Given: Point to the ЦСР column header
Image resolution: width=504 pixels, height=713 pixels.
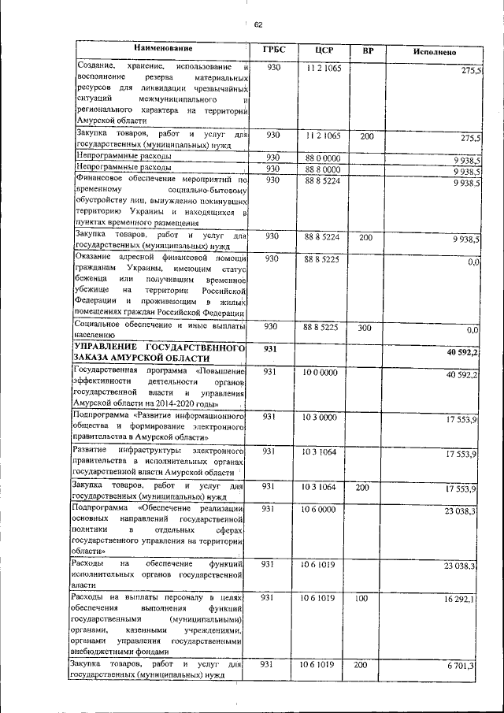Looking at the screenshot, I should point(323,50).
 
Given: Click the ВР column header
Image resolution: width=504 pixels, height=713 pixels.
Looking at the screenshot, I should point(367,50).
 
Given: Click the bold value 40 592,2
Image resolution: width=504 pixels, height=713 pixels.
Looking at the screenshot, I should point(462,351).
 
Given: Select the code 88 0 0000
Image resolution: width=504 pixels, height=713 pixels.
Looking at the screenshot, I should point(323,158).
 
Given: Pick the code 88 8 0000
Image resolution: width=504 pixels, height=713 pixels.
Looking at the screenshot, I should point(323,169).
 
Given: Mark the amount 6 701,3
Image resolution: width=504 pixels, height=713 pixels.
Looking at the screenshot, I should point(461,667).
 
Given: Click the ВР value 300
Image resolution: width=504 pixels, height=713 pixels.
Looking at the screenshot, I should point(365,326).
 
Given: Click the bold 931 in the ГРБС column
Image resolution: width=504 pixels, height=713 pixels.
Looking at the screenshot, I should point(271,348).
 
